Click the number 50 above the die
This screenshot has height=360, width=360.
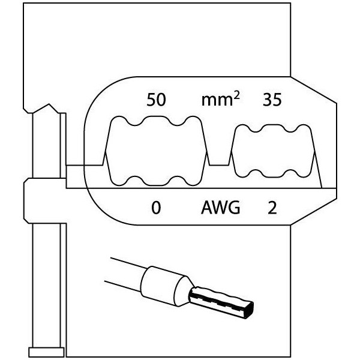[x=156, y=101]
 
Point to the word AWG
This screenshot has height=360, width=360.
[x=220, y=208]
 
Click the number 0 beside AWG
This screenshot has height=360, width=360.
[x=156, y=208]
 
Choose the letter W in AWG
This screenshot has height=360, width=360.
[x=220, y=208]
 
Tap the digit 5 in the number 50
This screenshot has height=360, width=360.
[x=151, y=101]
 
